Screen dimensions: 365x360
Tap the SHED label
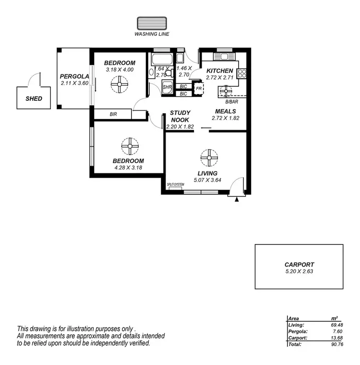(x=34, y=98)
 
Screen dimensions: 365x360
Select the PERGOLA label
(x=74, y=76)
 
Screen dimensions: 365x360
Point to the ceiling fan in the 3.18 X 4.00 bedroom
(x=119, y=86)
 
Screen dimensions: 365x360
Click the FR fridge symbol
(x=198, y=89)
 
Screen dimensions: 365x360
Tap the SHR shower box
(x=167, y=87)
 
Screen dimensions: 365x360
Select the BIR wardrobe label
(x=113, y=114)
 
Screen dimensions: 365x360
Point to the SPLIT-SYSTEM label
(x=175, y=184)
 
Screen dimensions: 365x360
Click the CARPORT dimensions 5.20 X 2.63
(x=299, y=271)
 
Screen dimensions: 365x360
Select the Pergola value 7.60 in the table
(x=332, y=331)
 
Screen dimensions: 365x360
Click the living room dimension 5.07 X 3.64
(x=208, y=180)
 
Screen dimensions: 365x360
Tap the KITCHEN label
(x=219, y=71)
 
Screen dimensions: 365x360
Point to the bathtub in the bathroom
(x=158, y=61)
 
